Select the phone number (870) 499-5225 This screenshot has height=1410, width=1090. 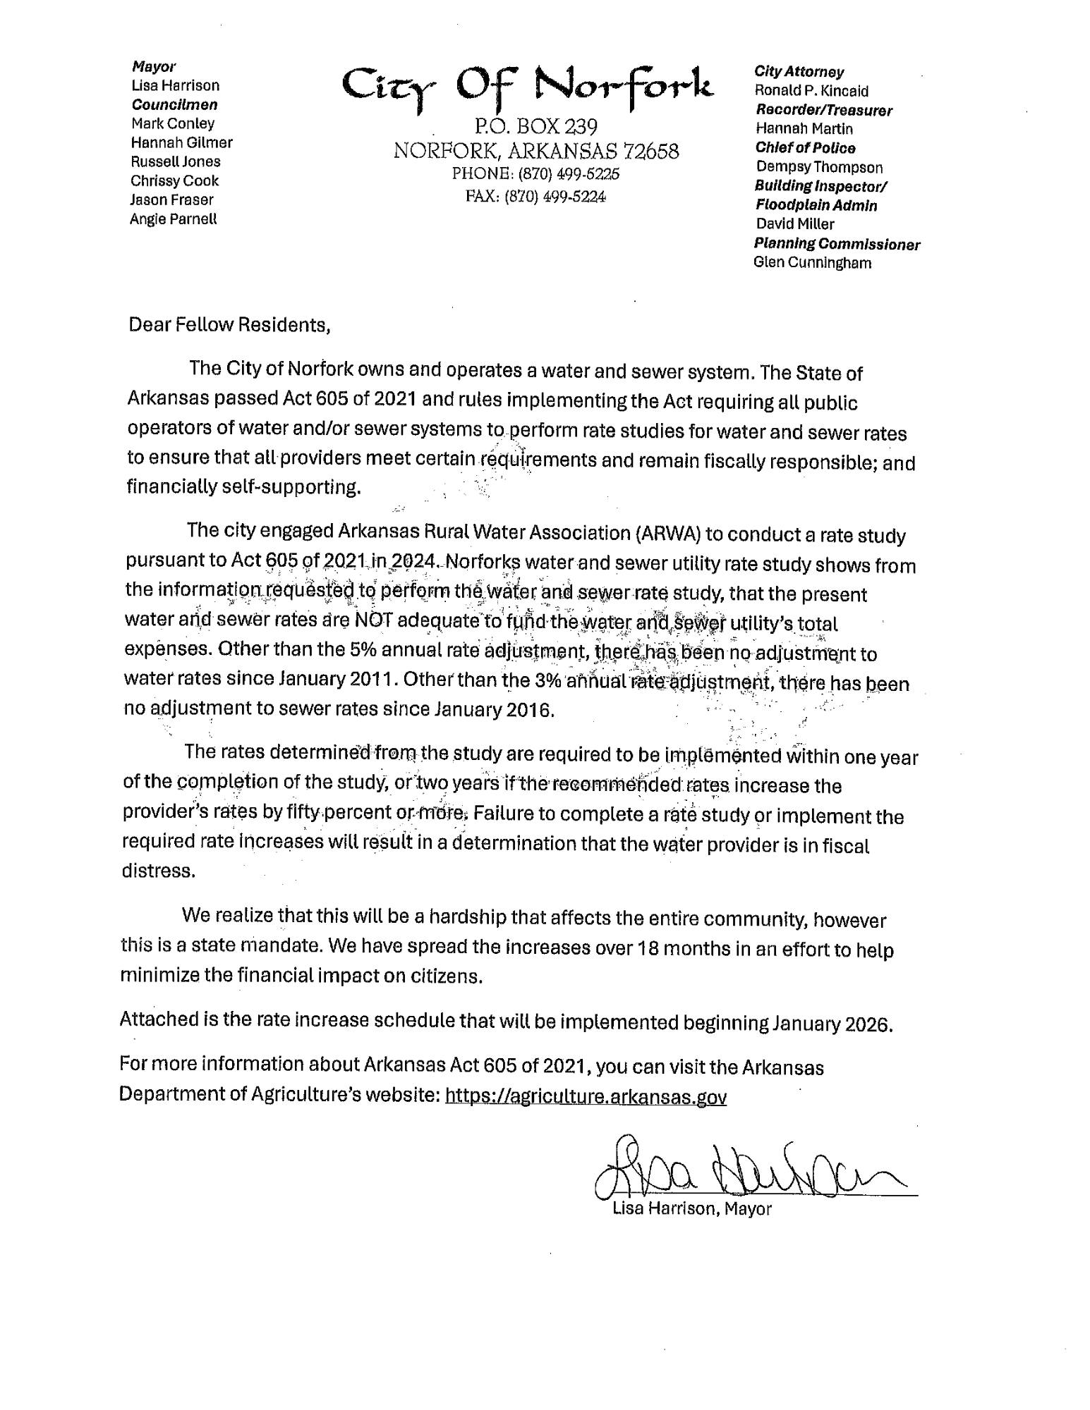(x=569, y=173)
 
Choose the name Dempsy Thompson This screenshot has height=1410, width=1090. (x=819, y=167)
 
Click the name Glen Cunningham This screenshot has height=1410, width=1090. (x=812, y=263)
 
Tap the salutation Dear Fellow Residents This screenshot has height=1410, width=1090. (x=229, y=325)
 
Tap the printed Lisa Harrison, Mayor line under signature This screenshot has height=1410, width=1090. (x=692, y=1209)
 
